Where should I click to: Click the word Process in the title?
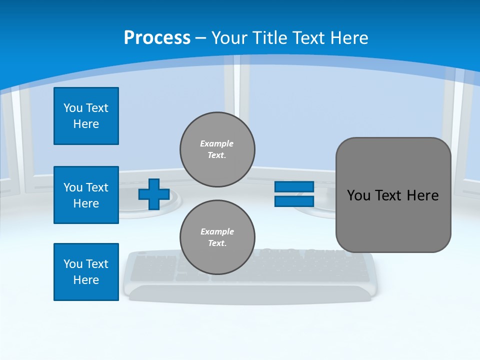pyautogui.click(x=157, y=37)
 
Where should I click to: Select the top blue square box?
pyautogui.click(x=86, y=116)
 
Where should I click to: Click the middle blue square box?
pyautogui.click(x=86, y=195)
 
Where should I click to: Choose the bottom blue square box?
pyautogui.click(x=86, y=272)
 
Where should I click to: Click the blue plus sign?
pyautogui.click(x=154, y=194)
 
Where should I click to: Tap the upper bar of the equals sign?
pyautogui.click(x=294, y=187)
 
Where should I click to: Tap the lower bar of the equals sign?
pyautogui.click(x=294, y=201)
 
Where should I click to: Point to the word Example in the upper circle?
pyautogui.click(x=217, y=143)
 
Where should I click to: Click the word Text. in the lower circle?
pyautogui.click(x=217, y=243)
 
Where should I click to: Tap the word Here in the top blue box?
pyautogui.click(x=86, y=124)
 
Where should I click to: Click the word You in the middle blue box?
pyautogui.click(x=73, y=187)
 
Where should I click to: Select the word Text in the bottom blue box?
pyautogui.click(x=97, y=264)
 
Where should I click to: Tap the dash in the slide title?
pyautogui.click(x=201, y=38)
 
